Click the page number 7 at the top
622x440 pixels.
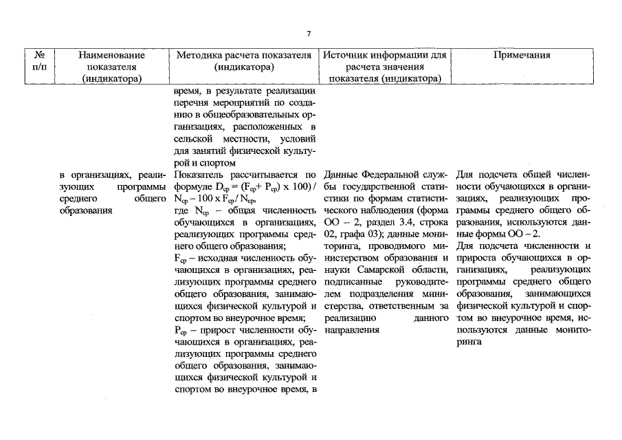(x=309, y=34)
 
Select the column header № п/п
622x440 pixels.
(x=39, y=60)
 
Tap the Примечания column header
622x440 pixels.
(x=522, y=55)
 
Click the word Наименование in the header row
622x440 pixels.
(x=111, y=55)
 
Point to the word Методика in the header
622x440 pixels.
(x=199, y=55)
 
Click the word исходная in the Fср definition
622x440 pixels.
(x=209, y=256)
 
